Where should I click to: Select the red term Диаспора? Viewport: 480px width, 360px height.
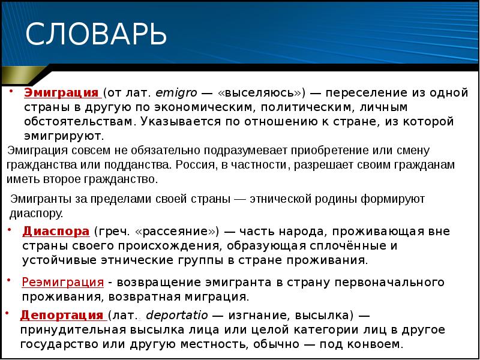click(x=56, y=231)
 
